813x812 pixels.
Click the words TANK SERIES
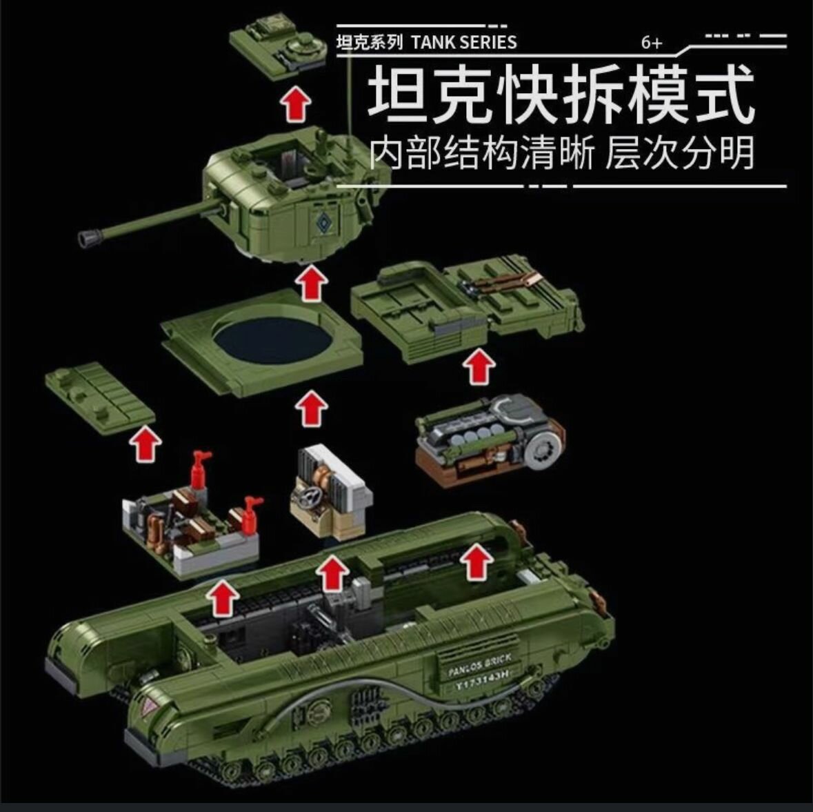(464, 42)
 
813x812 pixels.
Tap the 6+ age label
(652, 43)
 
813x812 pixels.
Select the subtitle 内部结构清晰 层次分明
(562, 152)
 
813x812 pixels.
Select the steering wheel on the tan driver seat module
(307, 498)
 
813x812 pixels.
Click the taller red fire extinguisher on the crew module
(199, 471)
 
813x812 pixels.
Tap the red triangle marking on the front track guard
(151, 706)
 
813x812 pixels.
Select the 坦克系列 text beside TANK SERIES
(369, 42)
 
